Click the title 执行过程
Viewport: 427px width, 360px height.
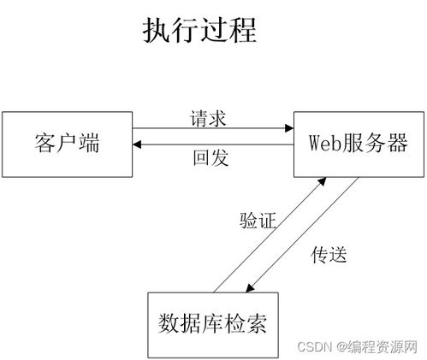pos(199,32)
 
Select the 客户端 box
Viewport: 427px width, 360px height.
pos(68,142)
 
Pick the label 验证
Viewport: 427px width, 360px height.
pos(257,221)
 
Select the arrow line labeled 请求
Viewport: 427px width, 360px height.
pos(214,129)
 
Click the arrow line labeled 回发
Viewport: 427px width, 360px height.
pos(214,145)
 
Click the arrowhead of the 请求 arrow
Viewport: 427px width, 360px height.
pos(289,129)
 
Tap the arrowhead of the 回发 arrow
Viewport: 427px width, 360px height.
pos(139,145)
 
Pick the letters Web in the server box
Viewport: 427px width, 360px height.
pos(322,142)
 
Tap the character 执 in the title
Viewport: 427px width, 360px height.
pos(155,32)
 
